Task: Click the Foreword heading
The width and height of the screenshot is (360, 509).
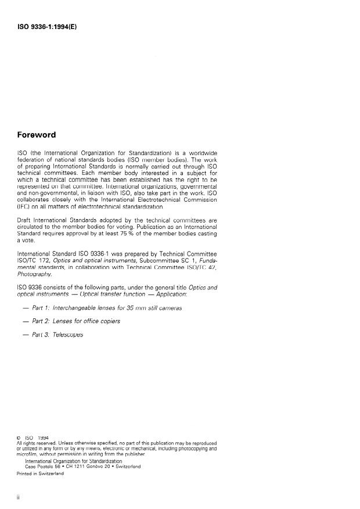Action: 37,135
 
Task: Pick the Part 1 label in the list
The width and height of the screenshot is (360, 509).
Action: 37,308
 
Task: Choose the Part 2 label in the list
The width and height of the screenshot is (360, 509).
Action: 37,321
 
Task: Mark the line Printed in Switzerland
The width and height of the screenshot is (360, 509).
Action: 40,474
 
